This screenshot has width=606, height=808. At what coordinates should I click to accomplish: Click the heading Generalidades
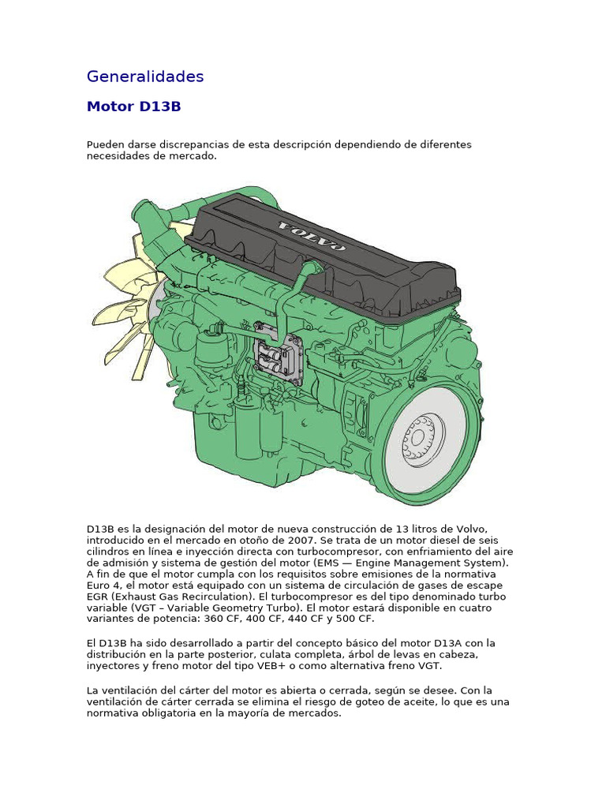(x=145, y=77)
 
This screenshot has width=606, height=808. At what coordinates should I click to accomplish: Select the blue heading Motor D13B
(x=133, y=107)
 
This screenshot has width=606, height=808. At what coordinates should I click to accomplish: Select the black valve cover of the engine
(x=331, y=252)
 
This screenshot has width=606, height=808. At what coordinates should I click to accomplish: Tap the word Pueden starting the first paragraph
(x=107, y=145)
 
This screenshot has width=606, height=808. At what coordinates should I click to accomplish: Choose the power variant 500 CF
(x=353, y=619)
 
